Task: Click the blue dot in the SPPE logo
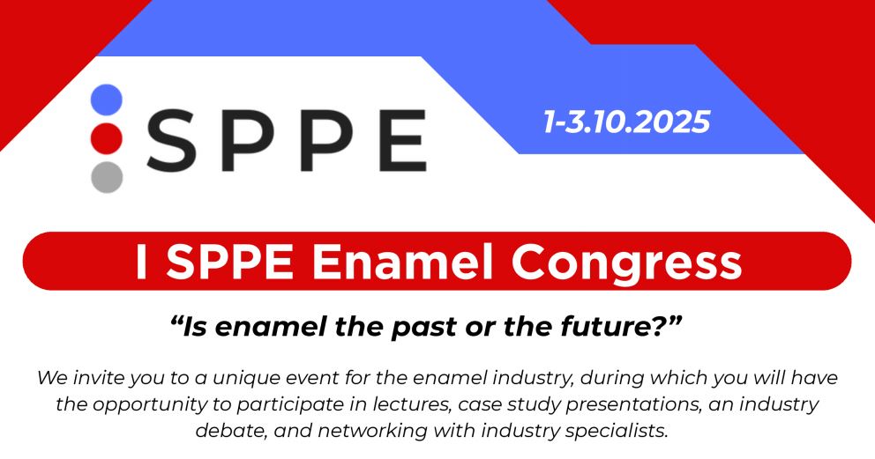click(x=107, y=100)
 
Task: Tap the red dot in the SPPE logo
click(x=107, y=138)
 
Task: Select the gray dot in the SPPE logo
click(x=107, y=177)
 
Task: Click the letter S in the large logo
click(x=172, y=140)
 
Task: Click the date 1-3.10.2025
click(x=627, y=122)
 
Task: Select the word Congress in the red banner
click(x=626, y=263)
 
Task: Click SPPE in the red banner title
click(x=230, y=262)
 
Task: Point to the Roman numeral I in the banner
click(x=140, y=262)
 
